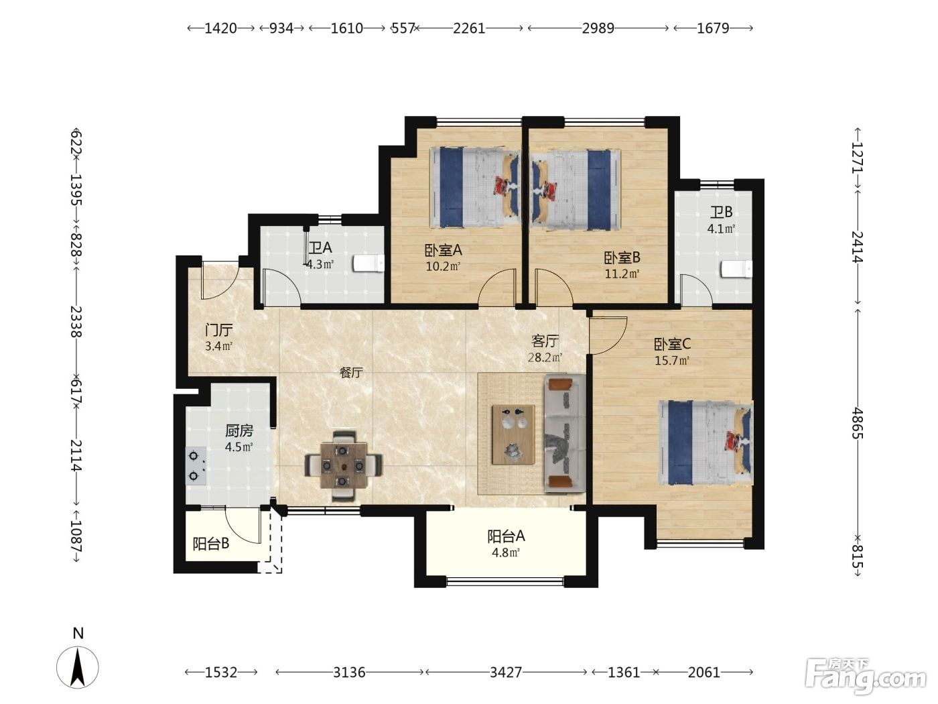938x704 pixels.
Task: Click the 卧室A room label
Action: tap(443, 249)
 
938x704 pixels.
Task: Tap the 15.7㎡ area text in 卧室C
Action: tap(672, 361)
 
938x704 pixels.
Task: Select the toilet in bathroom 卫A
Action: tap(368, 263)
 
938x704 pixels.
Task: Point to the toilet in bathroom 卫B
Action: tap(736, 270)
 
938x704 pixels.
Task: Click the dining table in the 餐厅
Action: tap(344, 465)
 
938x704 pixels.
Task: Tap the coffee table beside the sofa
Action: tap(513, 434)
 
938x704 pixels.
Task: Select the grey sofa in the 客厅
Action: tap(565, 433)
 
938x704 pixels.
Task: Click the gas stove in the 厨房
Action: tap(196, 466)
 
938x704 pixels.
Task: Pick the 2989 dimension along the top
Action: tap(598, 28)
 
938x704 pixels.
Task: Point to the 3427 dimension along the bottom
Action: tap(506, 672)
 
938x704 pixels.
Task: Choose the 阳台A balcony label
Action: tap(506, 536)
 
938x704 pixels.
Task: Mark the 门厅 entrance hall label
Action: tap(218, 330)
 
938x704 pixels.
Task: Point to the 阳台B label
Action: tap(210, 544)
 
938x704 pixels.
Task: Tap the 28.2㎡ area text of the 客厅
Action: tap(545, 357)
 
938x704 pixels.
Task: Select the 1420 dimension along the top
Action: tap(220, 28)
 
